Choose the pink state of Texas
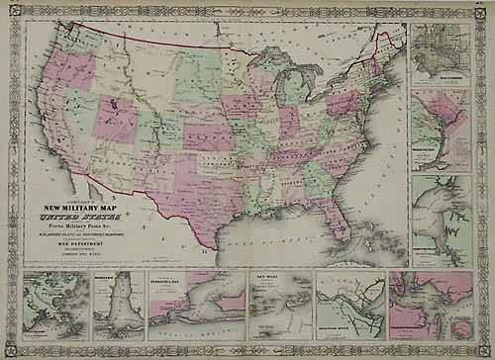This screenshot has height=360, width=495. pos(198,193)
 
